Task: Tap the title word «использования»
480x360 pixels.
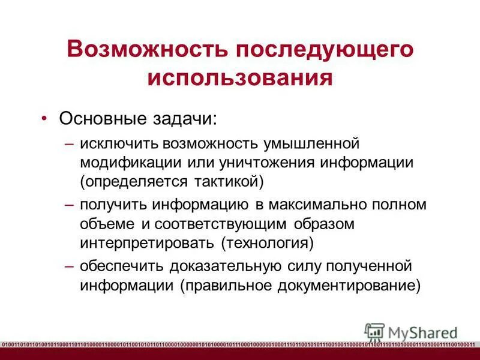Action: coord(240,79)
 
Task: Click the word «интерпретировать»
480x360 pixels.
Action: coord(148,242)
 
